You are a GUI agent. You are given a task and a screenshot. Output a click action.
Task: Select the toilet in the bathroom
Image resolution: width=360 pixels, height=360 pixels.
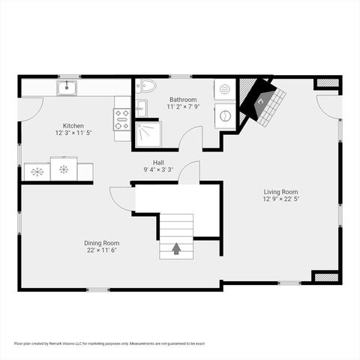point(146,86)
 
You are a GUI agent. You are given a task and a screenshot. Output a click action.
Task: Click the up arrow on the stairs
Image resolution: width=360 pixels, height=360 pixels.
point(177,249)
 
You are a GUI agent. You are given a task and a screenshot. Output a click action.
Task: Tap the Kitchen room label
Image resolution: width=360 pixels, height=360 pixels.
point(73,126)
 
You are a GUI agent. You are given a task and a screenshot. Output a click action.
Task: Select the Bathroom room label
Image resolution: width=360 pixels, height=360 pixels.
point(182,100)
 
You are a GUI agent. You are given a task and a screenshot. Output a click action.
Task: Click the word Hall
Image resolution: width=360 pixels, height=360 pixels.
point(158,162)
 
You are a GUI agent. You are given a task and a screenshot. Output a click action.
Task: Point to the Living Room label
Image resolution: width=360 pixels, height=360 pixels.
point(280,192)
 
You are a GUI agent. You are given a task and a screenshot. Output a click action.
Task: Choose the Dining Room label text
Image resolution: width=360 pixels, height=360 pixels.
point(101,243)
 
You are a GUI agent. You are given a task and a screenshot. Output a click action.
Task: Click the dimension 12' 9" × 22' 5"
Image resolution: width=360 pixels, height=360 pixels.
point(280,199)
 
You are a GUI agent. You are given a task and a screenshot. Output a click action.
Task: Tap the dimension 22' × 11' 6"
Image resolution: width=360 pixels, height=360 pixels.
point(101,250)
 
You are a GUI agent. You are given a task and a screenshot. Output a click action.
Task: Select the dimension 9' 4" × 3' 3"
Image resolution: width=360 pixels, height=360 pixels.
point(158,169)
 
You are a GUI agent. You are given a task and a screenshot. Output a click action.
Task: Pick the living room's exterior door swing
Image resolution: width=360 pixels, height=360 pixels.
point(328,106)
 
